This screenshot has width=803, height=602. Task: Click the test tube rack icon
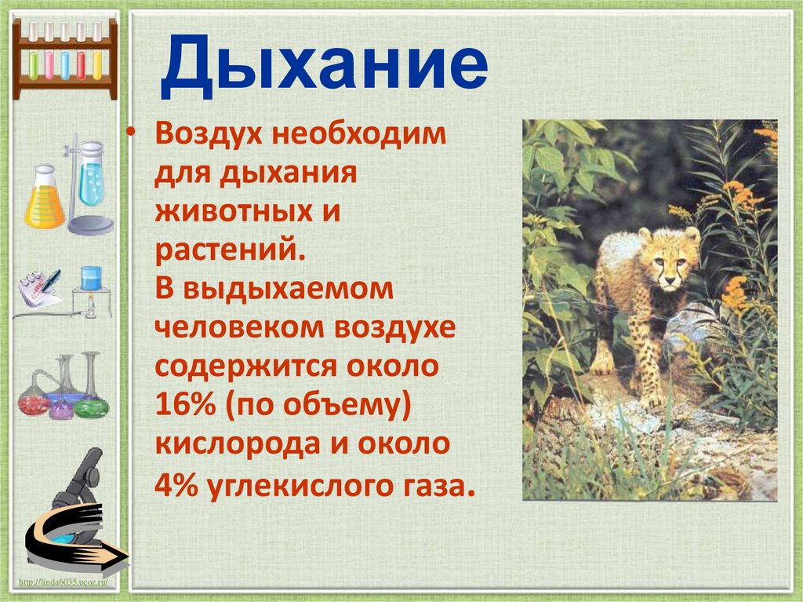click(65, 57)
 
